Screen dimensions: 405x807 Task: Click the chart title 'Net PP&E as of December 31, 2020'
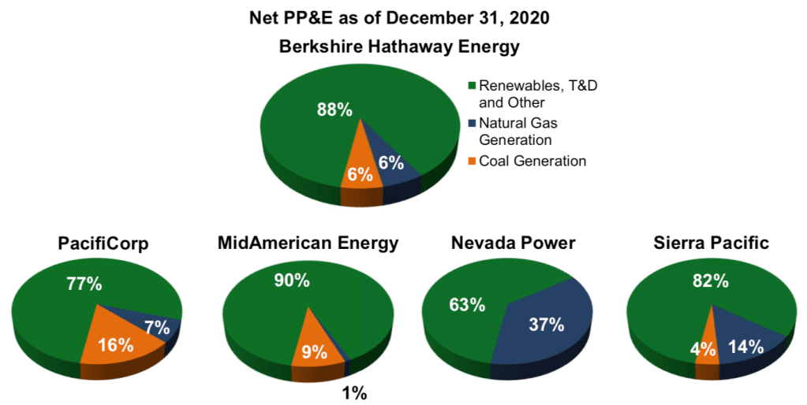pyautogui.click(x=403, y=16)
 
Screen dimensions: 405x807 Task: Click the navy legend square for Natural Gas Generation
pyautogui.click(x=473, y=124)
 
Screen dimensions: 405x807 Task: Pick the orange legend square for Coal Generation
pyautogui.click(x=473, y=162)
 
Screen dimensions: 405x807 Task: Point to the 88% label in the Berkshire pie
pyautogui.click(x=334, y=110)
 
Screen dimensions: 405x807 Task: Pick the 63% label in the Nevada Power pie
pyautogui.click(x=467, y=303)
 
